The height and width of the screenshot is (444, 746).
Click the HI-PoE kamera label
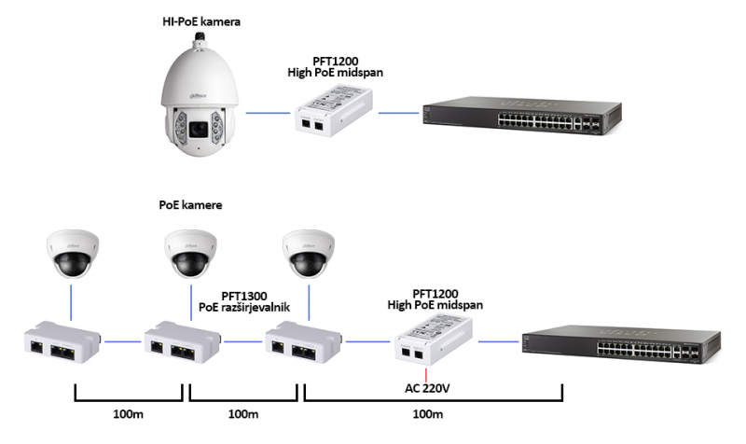[201, 21]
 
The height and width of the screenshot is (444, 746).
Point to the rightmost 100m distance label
[427, 412]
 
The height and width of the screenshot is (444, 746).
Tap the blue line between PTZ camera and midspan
[268, 113]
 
